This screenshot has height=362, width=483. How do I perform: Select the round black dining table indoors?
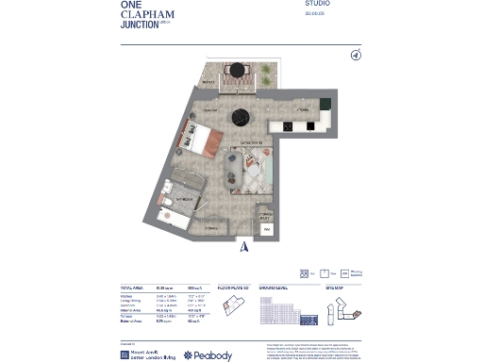tap(240, 117)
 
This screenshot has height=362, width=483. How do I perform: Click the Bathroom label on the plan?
tap(183, 200)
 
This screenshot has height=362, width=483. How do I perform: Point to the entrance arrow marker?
tap(242, 248)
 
